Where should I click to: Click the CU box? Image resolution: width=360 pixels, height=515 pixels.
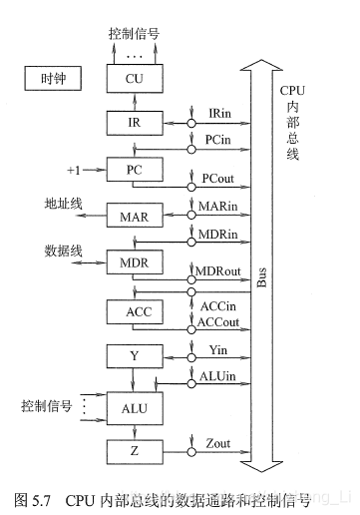[135, 78]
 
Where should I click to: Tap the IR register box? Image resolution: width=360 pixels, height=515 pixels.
[135, 123]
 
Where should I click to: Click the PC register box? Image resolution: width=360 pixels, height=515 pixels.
[135, 170]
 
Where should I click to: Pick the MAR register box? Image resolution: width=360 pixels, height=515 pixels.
[135, 217]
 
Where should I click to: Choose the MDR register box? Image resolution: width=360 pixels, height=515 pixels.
[135, 263]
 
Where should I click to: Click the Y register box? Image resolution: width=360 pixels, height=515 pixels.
[135, 355]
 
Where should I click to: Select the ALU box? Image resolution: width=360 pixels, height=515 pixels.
[135, 407]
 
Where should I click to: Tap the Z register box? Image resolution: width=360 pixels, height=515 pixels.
[135, 451]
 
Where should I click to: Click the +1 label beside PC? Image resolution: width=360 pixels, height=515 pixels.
[74, 170]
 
